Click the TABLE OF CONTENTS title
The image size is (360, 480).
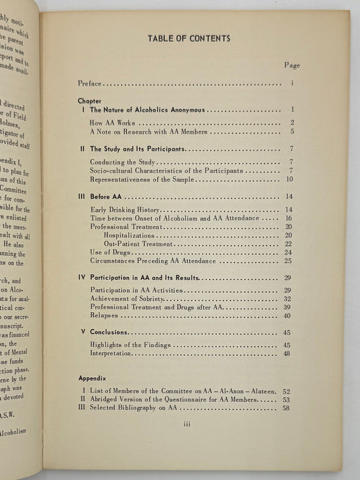(x=189, y=39)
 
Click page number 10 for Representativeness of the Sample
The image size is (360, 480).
(x=290, y=180)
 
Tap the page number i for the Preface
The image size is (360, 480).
(x=292, y=84)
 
